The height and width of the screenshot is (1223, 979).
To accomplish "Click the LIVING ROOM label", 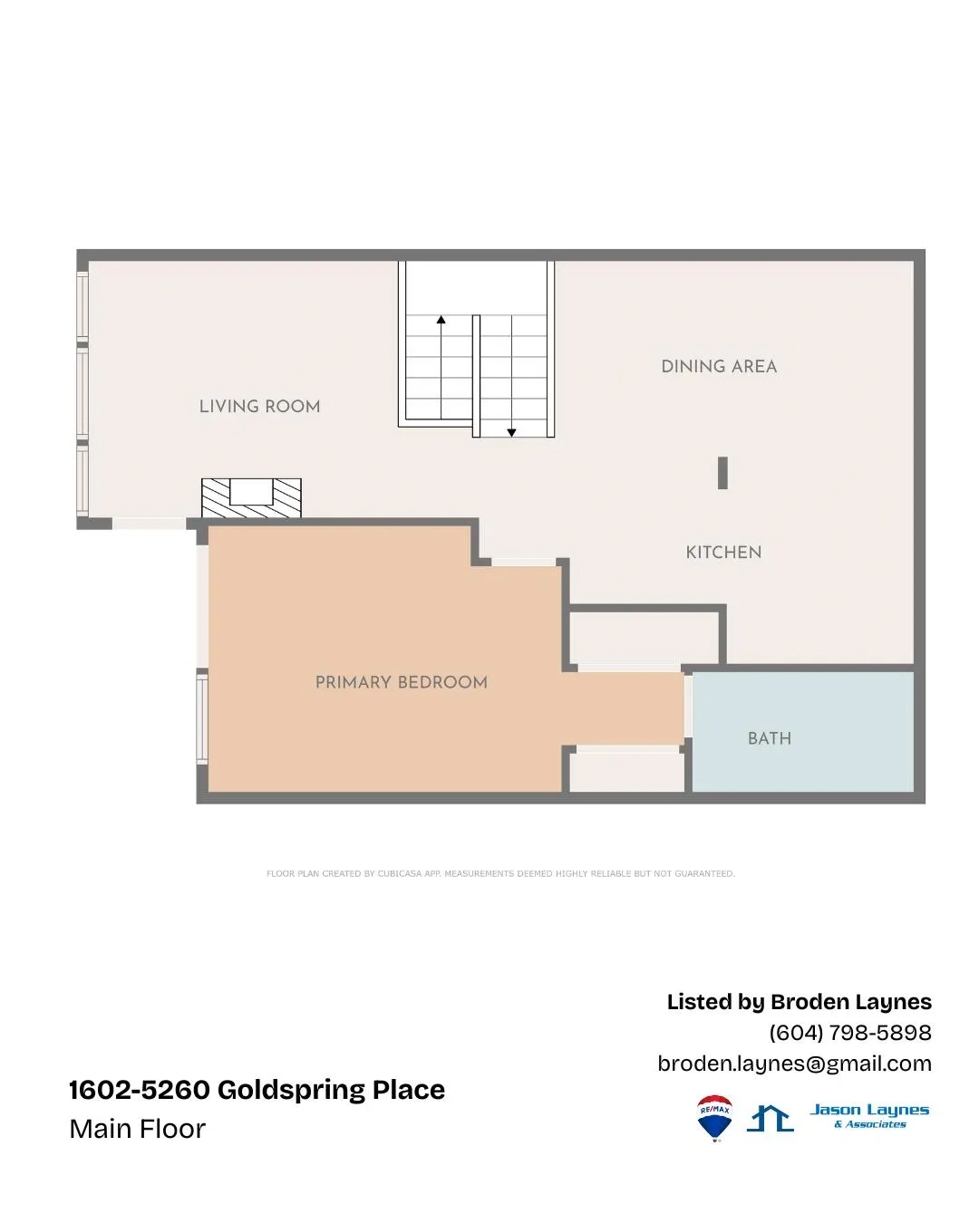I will (x=259, y=407).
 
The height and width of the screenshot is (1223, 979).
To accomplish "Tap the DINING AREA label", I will (x=719, y=367).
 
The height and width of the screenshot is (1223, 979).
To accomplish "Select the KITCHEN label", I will (x=723, y=553).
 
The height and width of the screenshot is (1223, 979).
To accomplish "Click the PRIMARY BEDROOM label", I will (x=401, y=683).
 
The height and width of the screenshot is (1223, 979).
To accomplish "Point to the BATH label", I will (x=770, y=739).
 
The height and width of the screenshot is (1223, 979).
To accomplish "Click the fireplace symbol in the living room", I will (x=251, y=497).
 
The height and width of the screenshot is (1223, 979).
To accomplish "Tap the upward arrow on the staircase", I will (x=441, y=320).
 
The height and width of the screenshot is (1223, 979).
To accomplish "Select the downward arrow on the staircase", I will (x=511, y=432).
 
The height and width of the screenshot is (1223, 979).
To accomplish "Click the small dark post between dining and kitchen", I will (x=722, y=473).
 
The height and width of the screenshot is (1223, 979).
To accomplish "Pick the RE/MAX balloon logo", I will (x=714, y=1118).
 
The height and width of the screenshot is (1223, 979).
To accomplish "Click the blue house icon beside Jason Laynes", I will (x=771, y=1119).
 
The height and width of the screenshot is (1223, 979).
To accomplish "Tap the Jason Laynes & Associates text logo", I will (x=869, y=1115).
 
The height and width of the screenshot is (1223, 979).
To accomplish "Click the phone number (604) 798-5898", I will (x=849, y=1033).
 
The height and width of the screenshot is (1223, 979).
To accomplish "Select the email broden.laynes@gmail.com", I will (x=794, y=1064).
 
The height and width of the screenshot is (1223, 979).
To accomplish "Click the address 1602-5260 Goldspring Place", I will (x=257, y=1090).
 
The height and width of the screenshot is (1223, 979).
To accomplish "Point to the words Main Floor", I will (x=137, y=1129).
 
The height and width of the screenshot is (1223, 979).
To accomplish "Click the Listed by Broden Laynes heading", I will (x=799, y=1002).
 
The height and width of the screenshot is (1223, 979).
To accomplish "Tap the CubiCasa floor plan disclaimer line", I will (x=500, y=874).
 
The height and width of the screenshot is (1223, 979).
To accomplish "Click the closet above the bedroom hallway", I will (x=644, y=640).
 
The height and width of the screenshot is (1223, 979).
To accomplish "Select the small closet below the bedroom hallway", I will (x=626, y=772).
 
